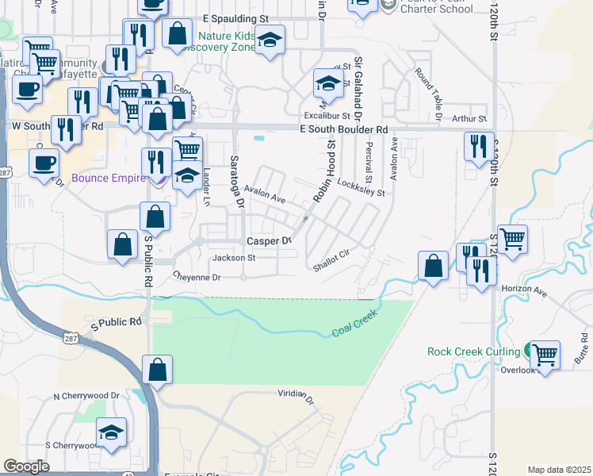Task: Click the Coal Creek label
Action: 354,324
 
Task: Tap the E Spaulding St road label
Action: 236,18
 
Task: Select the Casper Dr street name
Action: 270,241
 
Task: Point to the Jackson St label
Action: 234,258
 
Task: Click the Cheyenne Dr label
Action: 197,277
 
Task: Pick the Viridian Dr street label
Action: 296,393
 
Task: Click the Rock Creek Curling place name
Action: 474,351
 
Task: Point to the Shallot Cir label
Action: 331,263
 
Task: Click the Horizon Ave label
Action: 525,292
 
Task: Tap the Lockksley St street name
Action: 360,187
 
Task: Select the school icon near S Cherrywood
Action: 112,433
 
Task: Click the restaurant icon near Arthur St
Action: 479,147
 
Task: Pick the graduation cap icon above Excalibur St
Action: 328,83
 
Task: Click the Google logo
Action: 26,466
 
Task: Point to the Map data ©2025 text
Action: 559,470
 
